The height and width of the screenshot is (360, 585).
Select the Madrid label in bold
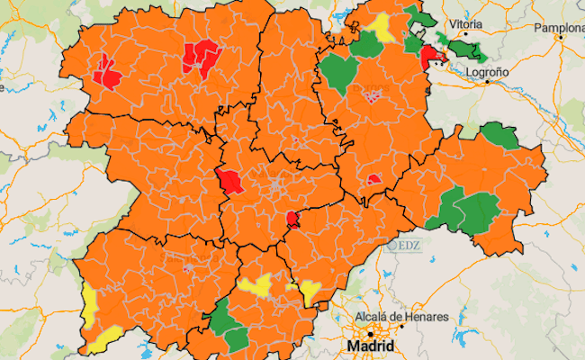click(x=372, y=346)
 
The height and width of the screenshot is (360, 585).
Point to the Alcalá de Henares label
click(x=403, y=318)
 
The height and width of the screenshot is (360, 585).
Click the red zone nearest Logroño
click(x=430, y=58)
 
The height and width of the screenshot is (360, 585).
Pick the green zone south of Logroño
click(x=498, y=136)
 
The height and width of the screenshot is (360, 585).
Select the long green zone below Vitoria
click(x=466, y=50)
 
